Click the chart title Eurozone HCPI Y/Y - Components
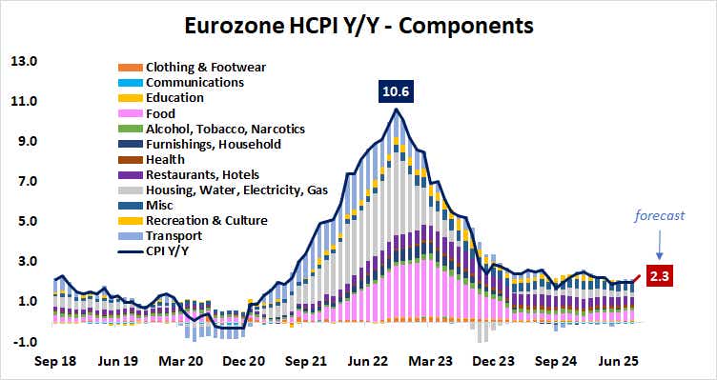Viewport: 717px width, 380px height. click(358, 21)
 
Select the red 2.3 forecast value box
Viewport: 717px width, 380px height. click(661, 277)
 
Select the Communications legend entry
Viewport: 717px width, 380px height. click(194, 82)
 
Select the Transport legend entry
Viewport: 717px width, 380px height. click(173, 236)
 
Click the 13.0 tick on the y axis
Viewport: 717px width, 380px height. click(23, 62)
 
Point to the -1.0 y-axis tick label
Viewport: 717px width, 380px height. click(23, 342)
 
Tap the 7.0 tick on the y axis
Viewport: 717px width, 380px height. click(23, 181)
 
